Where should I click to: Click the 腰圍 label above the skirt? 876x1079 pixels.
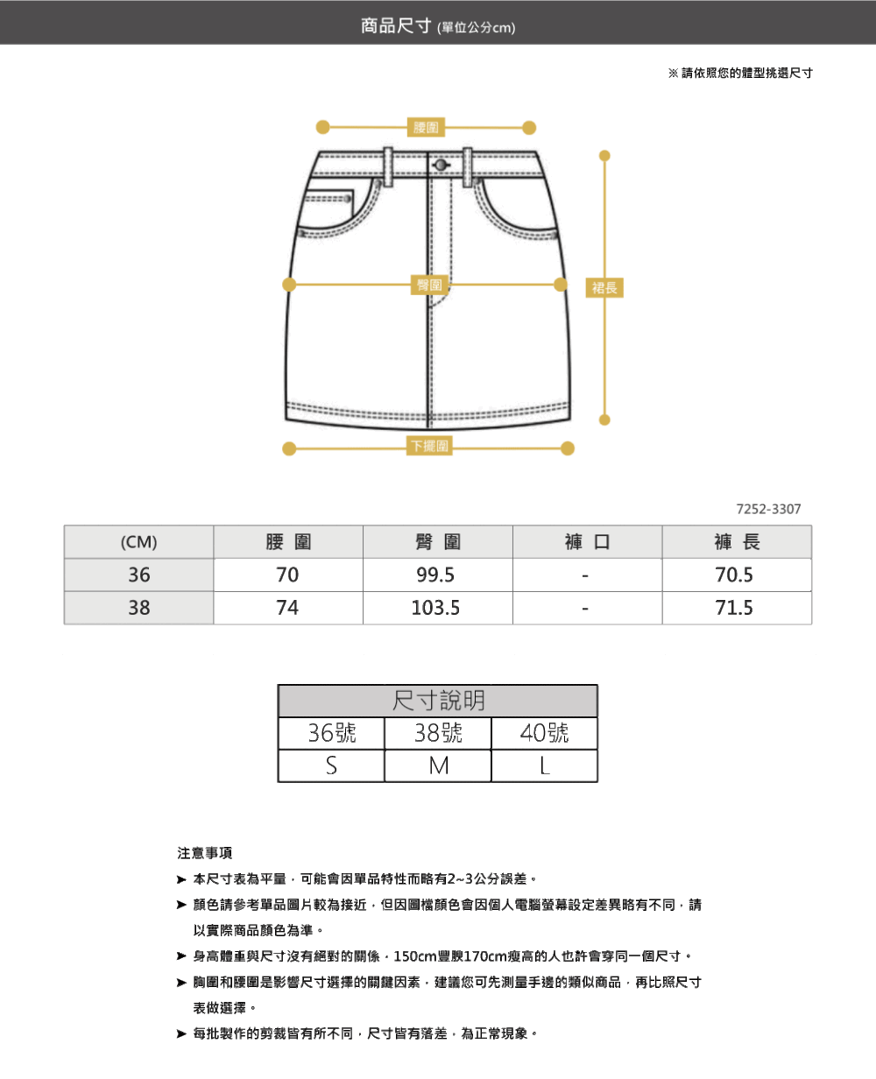(x=427, y=128)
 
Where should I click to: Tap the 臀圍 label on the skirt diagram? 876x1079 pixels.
(x=429, y=285)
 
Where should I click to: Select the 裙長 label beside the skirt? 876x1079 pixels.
(x=604, y=287)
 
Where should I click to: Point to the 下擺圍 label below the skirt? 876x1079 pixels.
(x=429, y=447)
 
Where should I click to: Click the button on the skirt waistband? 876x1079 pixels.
(x=440, y=165)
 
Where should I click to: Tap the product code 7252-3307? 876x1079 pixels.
(x=768, y=509)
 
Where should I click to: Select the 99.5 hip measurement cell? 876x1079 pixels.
(x=436, y=575)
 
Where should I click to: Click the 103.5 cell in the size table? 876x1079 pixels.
(x=436, y=608)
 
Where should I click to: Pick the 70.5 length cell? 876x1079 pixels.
(x=734, y=575)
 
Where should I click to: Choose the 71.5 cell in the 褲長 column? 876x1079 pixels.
(x=734, y=608)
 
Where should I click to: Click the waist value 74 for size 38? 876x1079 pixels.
(x=287, y=608)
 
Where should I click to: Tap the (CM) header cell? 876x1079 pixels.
(x=138, y=542)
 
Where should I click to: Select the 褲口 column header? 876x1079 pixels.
(x=586, y=542)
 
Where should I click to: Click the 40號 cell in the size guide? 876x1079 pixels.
(x=544, y=733)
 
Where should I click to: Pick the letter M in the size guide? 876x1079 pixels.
(x=438, y=766)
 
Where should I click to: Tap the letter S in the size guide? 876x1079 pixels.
(x=331, y=766)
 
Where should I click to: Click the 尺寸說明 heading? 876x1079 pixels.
(x=438, y=701)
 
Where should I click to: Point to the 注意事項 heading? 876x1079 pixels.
(x=204, y=853)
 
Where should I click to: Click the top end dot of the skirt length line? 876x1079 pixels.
(x=604, y=156)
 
